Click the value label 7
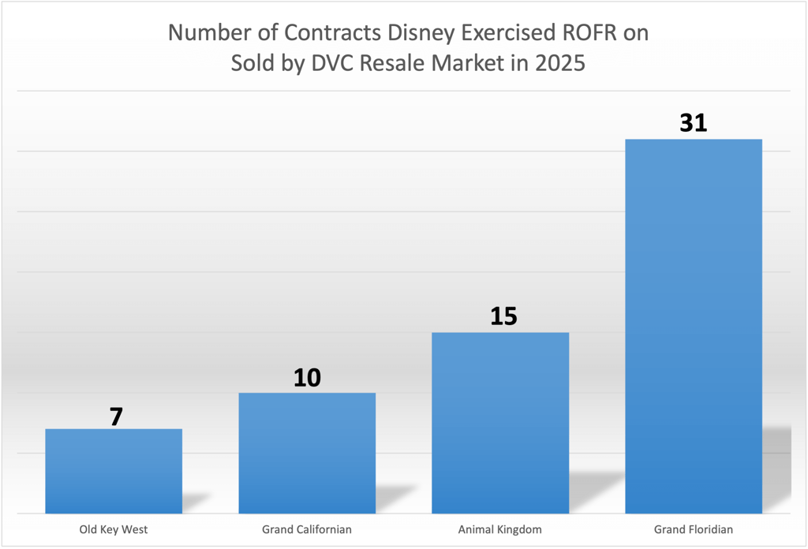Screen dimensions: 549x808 116,416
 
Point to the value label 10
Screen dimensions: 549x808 307,378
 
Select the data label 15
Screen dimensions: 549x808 503,316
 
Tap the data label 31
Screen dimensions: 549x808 693,123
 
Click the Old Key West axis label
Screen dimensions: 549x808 114,529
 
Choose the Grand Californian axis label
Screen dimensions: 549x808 307,529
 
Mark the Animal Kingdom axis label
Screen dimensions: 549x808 500,529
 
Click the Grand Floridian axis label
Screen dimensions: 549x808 694,529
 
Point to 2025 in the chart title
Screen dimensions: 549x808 559,63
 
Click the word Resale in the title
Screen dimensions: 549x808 389,63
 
